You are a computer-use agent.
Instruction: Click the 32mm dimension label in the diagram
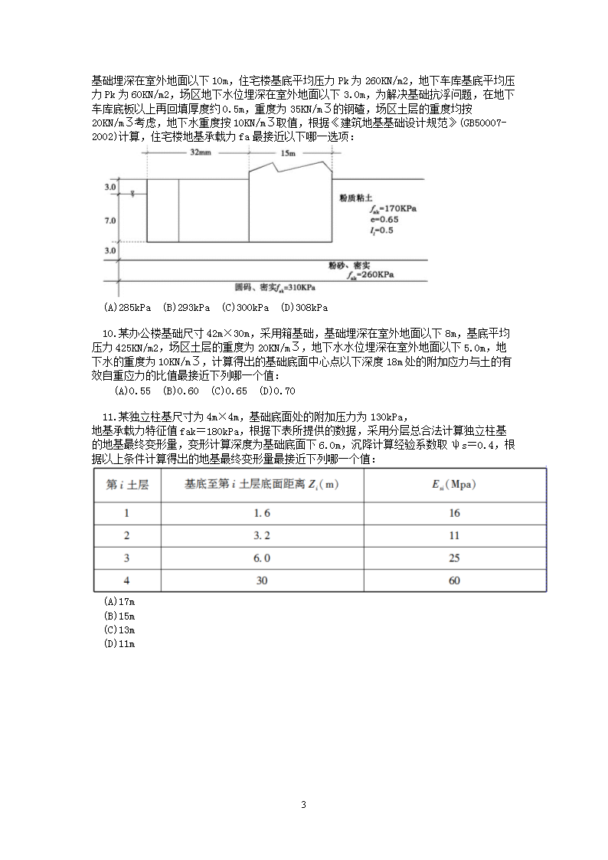pos(200,153)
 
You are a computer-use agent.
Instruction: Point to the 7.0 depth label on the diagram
pos(110,221)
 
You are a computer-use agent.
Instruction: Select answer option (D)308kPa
pos(304,308)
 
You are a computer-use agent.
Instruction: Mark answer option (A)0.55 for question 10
pos(132,391)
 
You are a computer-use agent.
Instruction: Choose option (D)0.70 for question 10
pos(277,391)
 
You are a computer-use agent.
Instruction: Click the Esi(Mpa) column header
pos(454,484)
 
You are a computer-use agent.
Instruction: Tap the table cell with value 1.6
pos(262,513)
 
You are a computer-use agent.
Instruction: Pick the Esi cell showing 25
pos(454,558)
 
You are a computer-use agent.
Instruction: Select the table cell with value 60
pos(454,580)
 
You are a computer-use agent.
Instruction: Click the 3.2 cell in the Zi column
pos(262,535)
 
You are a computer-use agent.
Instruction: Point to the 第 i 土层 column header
pos(127,484)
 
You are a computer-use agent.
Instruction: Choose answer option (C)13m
pos(119,629)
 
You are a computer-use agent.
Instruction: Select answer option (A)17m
pos(119,602)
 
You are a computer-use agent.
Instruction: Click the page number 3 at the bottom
pos(304,805)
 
